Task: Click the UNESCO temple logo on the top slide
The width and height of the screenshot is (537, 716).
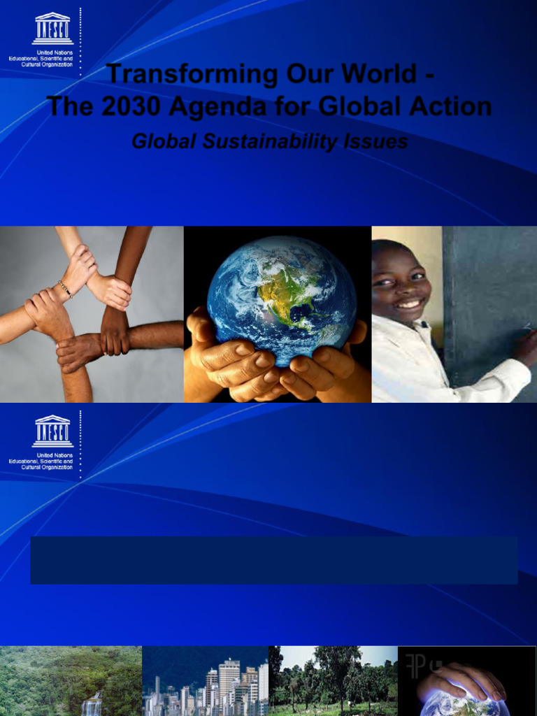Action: click(52, 29)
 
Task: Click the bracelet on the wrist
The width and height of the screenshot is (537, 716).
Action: click(65, 288)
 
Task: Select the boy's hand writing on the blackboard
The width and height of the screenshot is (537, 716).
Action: click(526, 343)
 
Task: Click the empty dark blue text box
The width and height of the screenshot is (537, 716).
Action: click(273, 559)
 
